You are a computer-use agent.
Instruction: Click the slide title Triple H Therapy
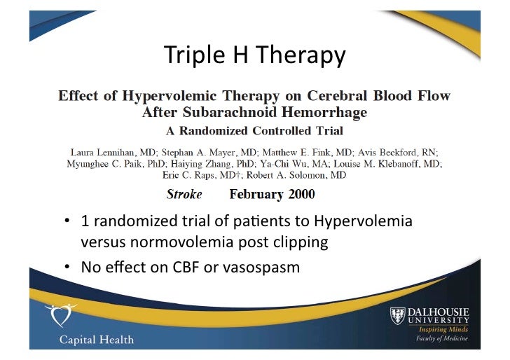click(254, 55)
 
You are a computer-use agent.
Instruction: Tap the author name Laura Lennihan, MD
click(113, 152)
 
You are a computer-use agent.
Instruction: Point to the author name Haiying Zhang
click(189, 163)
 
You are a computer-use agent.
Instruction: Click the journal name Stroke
click(184, 194)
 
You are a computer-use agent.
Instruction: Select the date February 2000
click(273, 194)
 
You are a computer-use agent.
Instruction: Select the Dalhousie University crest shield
click(397, 316)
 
